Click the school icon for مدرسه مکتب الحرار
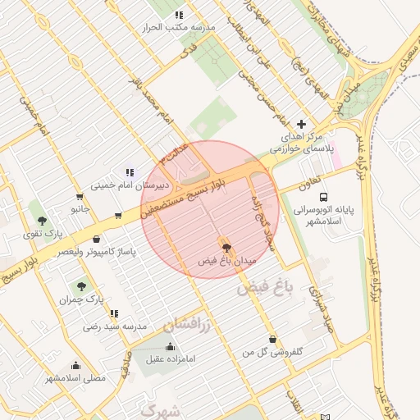coord(180,15)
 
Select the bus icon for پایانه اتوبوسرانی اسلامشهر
coord(324,198)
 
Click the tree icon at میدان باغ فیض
coord(226,247)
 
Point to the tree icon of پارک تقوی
coord(41,221)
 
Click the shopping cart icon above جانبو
coord(79,197)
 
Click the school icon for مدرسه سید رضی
coord(114,313)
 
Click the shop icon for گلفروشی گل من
coord(272,339)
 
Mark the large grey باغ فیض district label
coord(270,288)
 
